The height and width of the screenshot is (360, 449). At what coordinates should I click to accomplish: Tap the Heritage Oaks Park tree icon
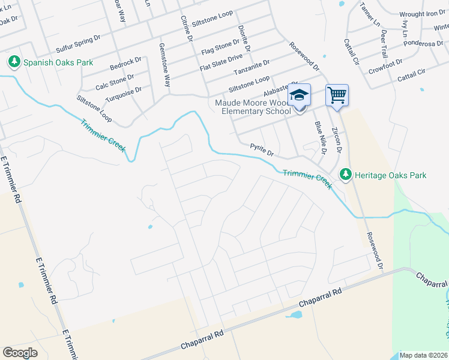click(x=345, y=175)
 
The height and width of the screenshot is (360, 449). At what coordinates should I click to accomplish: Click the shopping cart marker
click(x=337, y=95)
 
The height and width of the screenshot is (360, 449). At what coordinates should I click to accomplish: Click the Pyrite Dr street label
click(x=262, y=149)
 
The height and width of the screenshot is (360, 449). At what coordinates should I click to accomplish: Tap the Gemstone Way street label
click(x=163, y=64)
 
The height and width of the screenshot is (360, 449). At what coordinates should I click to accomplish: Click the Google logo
click(x=20, y=352)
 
